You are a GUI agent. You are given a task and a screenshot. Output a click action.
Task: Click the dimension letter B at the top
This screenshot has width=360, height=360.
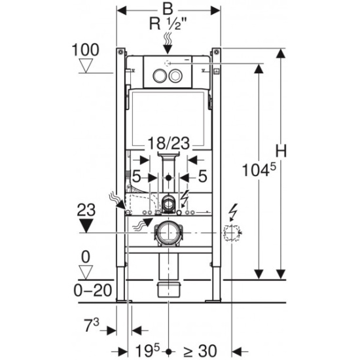168,9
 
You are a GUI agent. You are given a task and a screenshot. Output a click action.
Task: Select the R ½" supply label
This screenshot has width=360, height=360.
168,24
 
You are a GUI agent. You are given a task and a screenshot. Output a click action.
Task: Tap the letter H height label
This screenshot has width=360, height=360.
281,151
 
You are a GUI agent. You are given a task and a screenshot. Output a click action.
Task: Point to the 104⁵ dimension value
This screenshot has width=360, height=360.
259,170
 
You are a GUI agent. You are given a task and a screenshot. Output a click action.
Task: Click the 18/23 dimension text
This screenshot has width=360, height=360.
168,143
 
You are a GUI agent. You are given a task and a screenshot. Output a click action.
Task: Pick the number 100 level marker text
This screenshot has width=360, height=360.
85,50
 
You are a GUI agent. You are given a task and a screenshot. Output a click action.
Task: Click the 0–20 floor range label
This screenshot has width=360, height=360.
93,290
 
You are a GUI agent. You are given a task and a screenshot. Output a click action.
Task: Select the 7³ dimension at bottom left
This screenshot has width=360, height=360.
92,325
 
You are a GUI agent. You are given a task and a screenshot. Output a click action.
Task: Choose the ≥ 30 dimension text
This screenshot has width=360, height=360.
200,351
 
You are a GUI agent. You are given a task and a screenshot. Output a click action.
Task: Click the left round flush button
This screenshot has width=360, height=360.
159,75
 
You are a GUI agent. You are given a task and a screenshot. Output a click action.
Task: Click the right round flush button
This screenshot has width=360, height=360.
175,75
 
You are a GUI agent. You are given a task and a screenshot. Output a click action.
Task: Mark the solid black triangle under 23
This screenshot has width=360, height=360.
86,225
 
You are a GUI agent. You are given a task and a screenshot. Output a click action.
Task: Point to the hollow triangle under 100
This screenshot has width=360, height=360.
86,65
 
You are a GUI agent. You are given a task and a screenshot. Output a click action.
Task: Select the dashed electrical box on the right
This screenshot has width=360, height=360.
232,233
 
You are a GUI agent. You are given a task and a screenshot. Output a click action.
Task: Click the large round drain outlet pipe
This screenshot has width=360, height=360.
168,233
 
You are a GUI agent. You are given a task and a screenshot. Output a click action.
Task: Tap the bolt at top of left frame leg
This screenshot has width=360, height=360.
120,52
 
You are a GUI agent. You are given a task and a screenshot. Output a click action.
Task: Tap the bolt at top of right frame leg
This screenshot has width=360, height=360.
216,52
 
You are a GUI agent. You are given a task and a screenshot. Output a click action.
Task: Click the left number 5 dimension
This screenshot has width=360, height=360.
136,176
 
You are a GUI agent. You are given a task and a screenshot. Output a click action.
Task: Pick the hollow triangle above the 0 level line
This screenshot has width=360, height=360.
86,272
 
